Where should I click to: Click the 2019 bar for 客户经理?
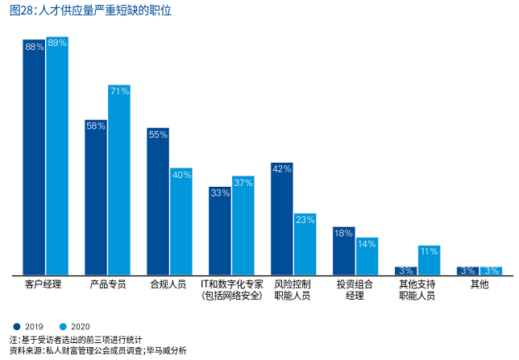pyautogui.click(x=34, y=157)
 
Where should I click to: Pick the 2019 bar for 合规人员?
pyautogui.click(x=158, y=201)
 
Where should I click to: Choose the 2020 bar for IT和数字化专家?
pyautogui.click(x=243, y=226)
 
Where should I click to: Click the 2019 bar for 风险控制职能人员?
pyautogui.click(x=282, y=218)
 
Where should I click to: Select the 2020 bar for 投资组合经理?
pyautogui.click(x=367, y=256)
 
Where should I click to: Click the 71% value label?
pyautogui.click(x=119, y=91)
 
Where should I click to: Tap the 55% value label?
pyautogui.click(x=158, y=134)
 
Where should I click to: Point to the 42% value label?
pyautogui.click(x=282, y=168)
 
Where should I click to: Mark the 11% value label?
pyautogui.click(x=429, y=251)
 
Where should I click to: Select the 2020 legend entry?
pyautogui.click(x=75, y=326)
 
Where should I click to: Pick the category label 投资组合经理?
pyautogui.click(x=355, y=291)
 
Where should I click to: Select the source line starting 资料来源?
pyautogui.click(x=98, y=350)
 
